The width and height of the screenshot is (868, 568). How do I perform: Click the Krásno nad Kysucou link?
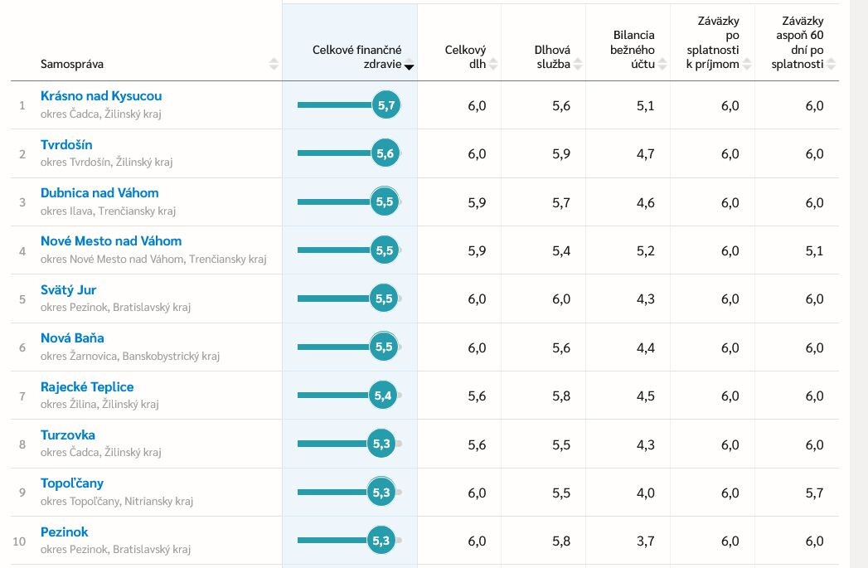pos(101,96)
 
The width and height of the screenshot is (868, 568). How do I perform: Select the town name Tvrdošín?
pos(66,144)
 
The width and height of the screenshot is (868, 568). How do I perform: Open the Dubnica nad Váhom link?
pos(99,192)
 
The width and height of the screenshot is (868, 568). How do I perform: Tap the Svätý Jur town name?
pos(68,289)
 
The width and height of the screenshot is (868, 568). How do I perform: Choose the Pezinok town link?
pos(64,532)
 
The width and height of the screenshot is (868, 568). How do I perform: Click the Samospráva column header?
pos(72,64)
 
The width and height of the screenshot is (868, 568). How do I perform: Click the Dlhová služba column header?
pos(552,57)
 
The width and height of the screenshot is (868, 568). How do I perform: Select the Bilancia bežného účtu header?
pos(633,50)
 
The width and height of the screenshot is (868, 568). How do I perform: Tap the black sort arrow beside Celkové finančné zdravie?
pos(409,67)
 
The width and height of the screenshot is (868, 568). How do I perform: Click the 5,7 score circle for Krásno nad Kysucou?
pos(386,104)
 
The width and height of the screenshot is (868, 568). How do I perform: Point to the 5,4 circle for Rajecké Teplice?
pos(382,396)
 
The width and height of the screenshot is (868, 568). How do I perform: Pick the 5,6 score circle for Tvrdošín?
pos(385,153)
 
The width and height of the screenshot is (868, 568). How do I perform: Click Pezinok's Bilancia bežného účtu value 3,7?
pos(646,541)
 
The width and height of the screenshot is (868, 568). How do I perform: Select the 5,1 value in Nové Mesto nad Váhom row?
pos(814,250)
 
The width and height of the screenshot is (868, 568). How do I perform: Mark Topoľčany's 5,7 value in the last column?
pos(814,493)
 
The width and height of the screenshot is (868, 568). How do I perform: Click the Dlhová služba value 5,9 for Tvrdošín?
pos(560,154)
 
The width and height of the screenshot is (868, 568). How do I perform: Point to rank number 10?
pos(19,541)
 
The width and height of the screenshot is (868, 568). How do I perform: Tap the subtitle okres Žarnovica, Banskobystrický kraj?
pos(130,356)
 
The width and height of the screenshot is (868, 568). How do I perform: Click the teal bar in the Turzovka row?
pos(332,444)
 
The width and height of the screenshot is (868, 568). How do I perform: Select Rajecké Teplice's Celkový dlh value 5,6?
pos(477,396)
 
